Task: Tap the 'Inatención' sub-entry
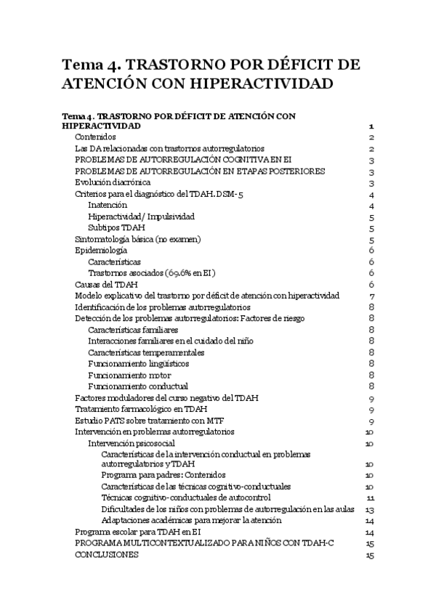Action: pyautogui.click(x=108, y=206)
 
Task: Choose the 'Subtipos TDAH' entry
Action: pyautogui.click(x=116, y=228)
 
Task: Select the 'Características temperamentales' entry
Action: pyautogui.click(x=146, y=352)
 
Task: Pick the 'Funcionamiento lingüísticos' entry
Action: pyautogui.click(x=138, y=364)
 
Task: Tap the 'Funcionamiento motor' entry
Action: pyautogui.click(x=129, y=375)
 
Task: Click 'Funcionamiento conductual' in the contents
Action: pyautogui.click(x=137, y=386)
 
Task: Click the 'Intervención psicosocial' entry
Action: pyautogui.click(x=131, y=443)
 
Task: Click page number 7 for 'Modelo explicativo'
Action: pyautogui.click(x=371, y=296)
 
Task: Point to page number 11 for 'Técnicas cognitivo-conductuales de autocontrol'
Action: pyautogui.click(x=370, y=498)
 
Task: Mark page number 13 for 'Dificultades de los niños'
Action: pyautogui.click(x=370, y=509)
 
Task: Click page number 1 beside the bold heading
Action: pyautogui.click(x=371, y=126)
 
